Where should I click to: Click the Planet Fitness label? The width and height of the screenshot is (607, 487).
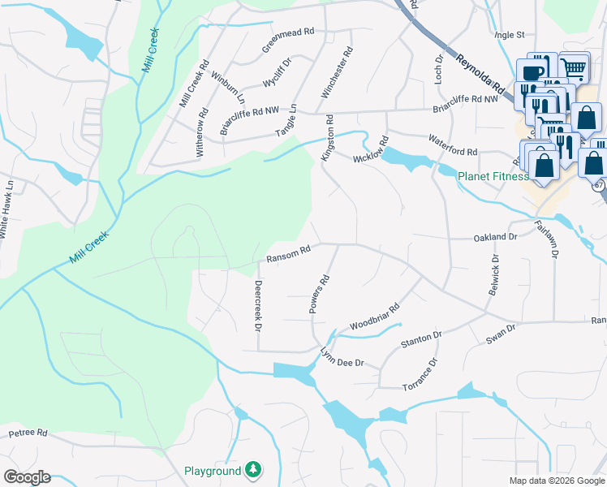click(x=493, y=175)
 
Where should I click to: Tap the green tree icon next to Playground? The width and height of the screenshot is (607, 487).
click(x=254, y=470)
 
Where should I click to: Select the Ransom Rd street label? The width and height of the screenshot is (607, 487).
click(x=288, y=254)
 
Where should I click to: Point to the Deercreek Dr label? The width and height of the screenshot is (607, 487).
click(x=257, y=306)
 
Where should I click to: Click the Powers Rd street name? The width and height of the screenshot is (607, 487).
click(x=319, y=294)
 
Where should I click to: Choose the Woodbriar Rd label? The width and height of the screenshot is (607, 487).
click(x=375, y=318)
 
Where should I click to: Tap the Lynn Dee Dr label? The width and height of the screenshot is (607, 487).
click(x=342, y=358)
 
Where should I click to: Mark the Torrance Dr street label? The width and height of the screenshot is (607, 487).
click(x=422, y=373)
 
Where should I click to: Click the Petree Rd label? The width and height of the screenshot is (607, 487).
click(x=28, y=433)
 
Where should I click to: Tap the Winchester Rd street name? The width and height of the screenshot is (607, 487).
click(x=337, y=73)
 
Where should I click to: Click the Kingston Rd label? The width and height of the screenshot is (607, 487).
click(x=329, y=137)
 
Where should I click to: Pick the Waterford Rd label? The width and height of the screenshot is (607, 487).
click(x=453, y=146)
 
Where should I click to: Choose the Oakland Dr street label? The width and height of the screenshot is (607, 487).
click(x=495, y=238)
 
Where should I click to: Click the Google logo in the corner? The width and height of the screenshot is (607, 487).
click(x=27, y=476)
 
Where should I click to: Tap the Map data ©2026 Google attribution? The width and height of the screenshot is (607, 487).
click(x=557, y=481)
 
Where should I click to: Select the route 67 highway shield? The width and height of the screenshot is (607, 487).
click(x=599, y=185)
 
